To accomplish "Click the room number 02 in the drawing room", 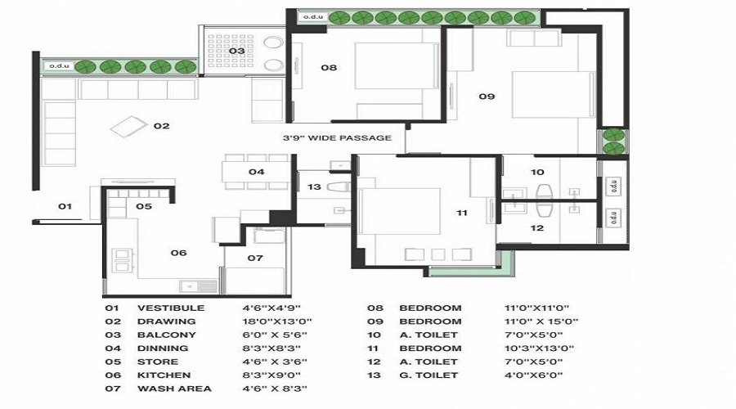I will pyautogui.click(x=162, y=126).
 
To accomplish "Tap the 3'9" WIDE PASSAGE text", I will pyautogui.click(x=337, y=137).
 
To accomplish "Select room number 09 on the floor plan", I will pyautogui.click(x=487, y=97).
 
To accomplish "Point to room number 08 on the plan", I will pyautogui.click(x=329, y=68).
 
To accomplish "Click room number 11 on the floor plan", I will pyautogui.click(x=462, y=213).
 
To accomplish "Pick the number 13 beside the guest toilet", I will pyautogui.click(x=315, y=187).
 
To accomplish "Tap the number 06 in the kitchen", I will pyautogui.click(x=178, y=253).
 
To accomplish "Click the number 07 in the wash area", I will pyautogui.click(x=255, y=258).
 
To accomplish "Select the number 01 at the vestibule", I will pyautogui.click(x=65, y=206).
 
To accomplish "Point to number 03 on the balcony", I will pyautogui.click(x=236, y=51).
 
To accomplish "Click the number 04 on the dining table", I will pyautogui.click(x=257, y=172).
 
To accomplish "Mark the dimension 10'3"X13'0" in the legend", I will pyautogui.click(x=539, y=348).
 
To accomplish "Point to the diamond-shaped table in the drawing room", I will pyautogui.click(x=126, y=127).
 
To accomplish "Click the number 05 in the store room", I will pyautogui.click(x=144, y=206).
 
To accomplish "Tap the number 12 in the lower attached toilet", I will pyautogui.click(x=536, y=228).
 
